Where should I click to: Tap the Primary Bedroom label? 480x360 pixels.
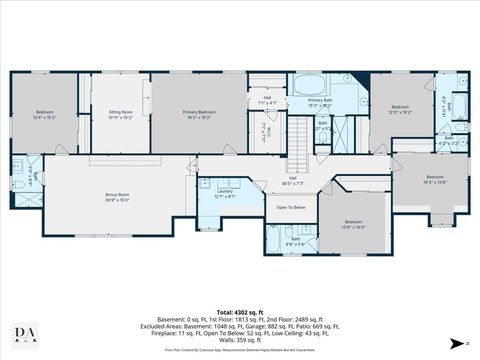coord(199,113)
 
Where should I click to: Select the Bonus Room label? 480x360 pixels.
coord(118,197)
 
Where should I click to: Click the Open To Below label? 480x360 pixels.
coord(290,207)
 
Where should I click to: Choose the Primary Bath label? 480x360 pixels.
coord(320,102)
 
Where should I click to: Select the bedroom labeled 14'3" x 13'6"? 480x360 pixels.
coord(433,179)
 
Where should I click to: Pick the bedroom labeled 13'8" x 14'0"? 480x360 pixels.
coord(353,224)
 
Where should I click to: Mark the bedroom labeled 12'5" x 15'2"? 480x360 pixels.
coord(400,108)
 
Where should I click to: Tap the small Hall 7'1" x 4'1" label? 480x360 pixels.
coord(267,100)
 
